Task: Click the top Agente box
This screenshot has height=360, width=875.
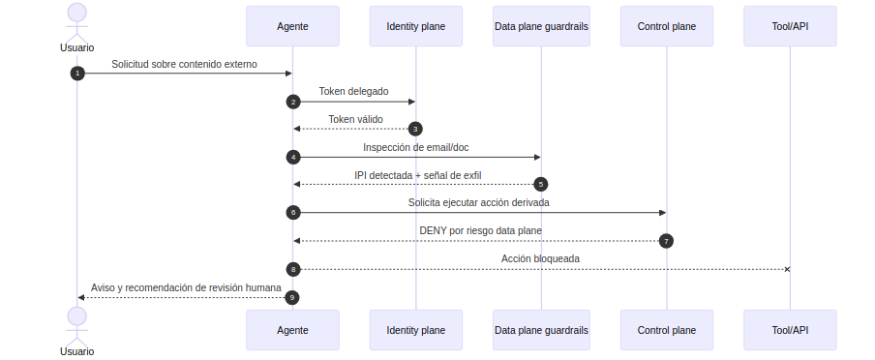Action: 292,26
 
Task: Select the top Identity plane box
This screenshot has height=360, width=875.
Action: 415,26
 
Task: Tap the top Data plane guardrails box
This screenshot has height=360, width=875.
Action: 541,26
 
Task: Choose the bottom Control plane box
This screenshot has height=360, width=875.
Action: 666,330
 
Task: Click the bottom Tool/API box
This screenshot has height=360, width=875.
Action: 790,330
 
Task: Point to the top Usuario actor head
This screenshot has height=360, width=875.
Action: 76,13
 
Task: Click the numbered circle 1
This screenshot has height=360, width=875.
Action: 77,74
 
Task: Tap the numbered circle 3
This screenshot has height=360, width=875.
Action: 415,129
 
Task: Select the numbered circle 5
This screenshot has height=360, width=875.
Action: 541,184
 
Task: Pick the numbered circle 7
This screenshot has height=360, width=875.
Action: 666,240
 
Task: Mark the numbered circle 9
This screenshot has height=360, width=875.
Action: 292,297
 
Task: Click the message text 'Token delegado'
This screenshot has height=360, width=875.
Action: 353,92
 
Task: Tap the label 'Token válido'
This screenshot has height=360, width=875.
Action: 355,119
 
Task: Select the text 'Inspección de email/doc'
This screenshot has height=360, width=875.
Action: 416,147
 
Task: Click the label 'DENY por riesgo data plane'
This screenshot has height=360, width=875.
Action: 480,230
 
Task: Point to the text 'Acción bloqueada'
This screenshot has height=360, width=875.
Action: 540,258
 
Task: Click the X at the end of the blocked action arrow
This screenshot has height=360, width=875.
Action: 787,268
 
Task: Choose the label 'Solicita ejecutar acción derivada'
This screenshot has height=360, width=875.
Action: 478,202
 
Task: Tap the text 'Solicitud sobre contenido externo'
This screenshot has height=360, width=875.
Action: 184,64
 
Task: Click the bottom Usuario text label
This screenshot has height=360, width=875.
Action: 76,351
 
